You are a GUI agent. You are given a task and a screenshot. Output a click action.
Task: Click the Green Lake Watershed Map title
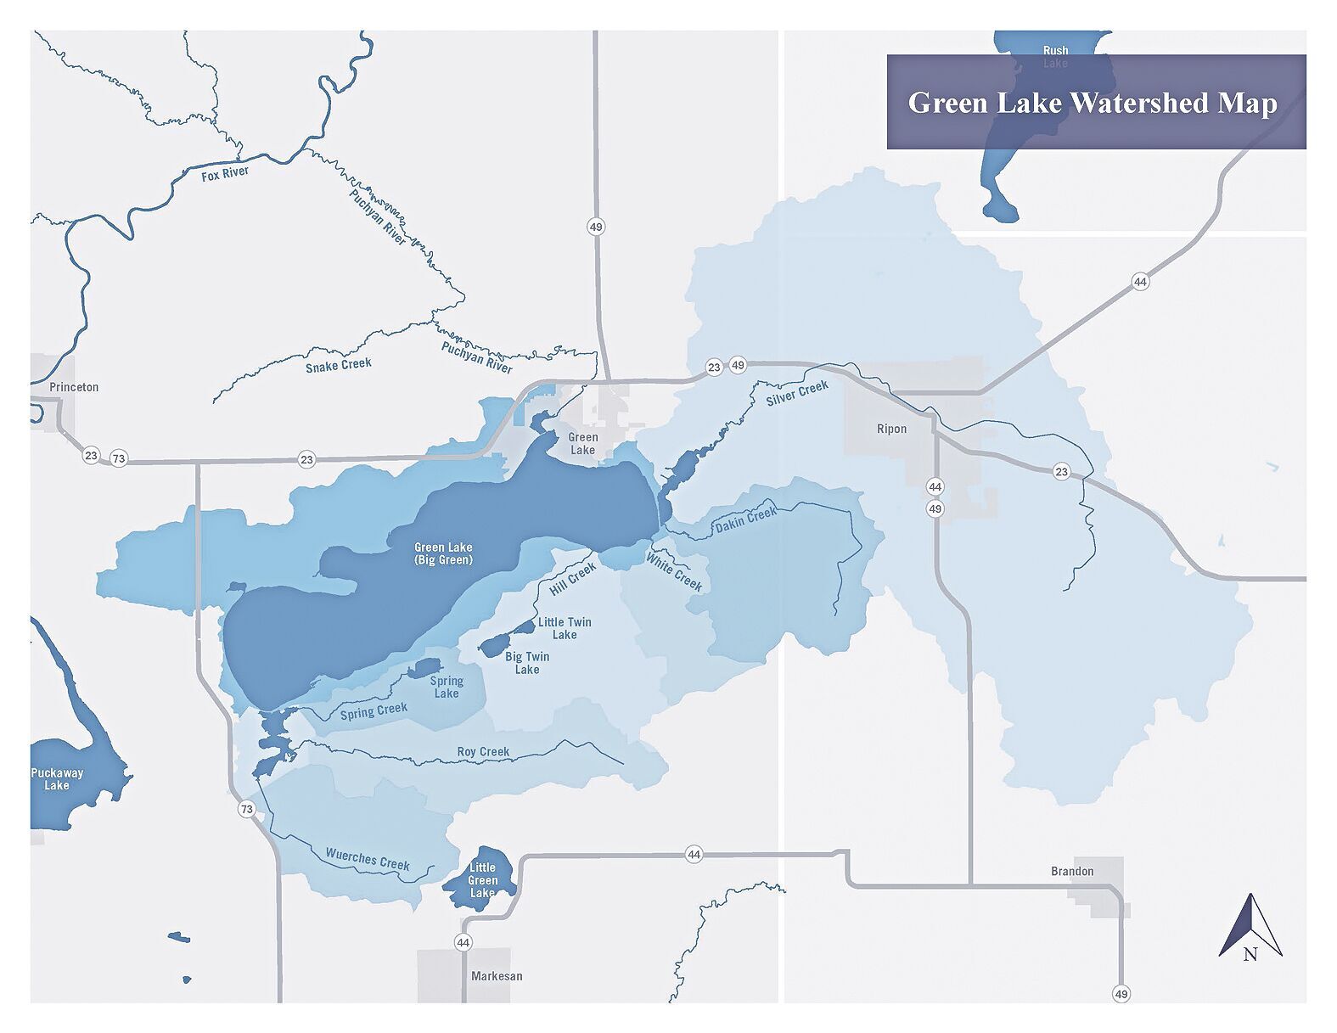pyautogui.click(x=1093, y=103)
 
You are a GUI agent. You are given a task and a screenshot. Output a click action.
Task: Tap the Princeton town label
pyautogui.click(x=74, y=387)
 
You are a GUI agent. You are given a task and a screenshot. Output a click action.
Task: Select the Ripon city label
pyautogui.click(x=891, y=429)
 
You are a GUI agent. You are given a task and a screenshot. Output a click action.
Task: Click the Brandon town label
pyautogui.click(x=1072, y=871)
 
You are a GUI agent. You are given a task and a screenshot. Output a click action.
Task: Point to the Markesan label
pyautogui.click(x=497, y=976)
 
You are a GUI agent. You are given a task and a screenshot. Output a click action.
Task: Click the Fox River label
pyautogui.click(x=225, y=174)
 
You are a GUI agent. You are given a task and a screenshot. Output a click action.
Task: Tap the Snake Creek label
pyautogui.click(x=339, y=365)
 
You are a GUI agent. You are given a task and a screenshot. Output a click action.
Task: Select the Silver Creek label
pyautogui.click(x=797, y=393)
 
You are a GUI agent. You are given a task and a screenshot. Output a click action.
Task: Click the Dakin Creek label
pyautogui.click(x=745, y=520)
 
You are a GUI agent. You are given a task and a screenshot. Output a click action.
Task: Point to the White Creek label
pyautogui.click(x=674, y=571)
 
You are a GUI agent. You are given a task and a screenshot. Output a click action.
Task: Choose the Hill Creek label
pyautogui.click(x=572, y=579)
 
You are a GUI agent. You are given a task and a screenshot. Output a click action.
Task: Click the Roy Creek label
pyautogui.click(x=483, y=751)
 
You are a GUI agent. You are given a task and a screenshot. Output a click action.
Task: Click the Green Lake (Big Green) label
pyautogui.click(x=443, y=553)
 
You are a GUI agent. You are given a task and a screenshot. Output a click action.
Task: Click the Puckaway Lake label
pyautogui.click(x=57, y=779)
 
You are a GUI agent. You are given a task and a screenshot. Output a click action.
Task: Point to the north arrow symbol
pyautogui.click(x=1250, y=928)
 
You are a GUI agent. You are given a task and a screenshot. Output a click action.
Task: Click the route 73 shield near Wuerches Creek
pyautogui.click(x=246, y=809)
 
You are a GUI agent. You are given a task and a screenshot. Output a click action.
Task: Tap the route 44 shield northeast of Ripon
pyautogui.click(x=1140, y=282)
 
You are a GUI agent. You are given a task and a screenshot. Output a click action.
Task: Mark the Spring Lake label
pyautogui.click(x=447, y=687)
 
